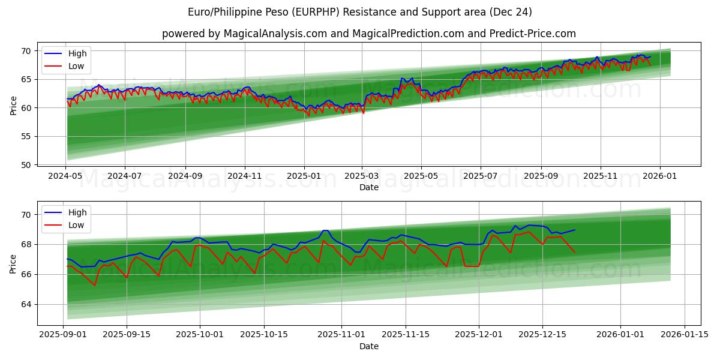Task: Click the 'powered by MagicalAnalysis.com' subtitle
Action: tap(368, 34)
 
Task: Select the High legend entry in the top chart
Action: tap(77, 53)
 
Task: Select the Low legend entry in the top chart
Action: tap(76, 66)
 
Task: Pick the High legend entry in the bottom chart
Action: tap(77, 212)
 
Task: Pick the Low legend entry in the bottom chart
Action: tap(76, 225)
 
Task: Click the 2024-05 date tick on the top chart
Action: tap(65, 176)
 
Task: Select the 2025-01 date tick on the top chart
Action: tap(304, 176)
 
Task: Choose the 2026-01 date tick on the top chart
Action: tap(660, 176)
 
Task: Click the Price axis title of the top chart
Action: tap(13, 105)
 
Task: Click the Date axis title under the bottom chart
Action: tap(368, 347)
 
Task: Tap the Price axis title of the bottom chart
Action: tap(13, 264)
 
